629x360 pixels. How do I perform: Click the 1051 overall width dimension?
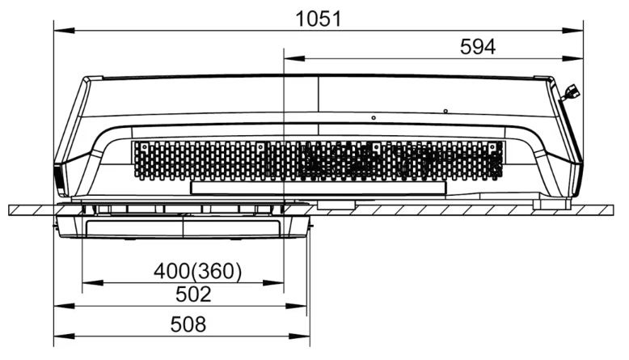point(319,19)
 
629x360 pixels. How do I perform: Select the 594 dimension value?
point(477,47)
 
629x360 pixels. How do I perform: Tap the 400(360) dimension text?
point(198,271)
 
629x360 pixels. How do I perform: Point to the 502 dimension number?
point(193,294)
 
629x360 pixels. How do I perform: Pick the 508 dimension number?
point(188,324)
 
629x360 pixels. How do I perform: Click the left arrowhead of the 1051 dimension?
point(64,31)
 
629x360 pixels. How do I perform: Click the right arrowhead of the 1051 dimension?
point(572,31)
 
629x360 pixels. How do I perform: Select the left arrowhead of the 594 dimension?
point(294,58)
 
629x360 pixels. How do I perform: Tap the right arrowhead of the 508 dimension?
point(299,336)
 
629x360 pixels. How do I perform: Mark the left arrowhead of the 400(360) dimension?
point(93,283)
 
